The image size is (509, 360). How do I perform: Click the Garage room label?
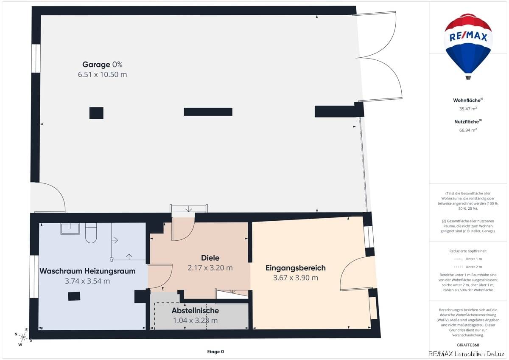(x=96, y=65)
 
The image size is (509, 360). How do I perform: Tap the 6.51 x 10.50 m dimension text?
(x=102, y=75)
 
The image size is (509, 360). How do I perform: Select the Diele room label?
(x=210, y=258)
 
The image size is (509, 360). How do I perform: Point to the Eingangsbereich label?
(x=295, y=268)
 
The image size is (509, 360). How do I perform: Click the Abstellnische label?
(x=195, y=310)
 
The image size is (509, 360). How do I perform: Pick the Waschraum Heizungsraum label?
(x=87, y=271)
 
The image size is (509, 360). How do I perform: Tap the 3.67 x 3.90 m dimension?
(x=295, y=278)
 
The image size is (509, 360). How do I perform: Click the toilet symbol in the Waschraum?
(x=91, y=233)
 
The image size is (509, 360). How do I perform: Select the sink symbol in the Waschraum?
(x=70, y=228)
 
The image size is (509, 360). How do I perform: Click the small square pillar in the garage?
(x=96, y=113)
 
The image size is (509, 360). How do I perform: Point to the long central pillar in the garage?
(x=208, y=112)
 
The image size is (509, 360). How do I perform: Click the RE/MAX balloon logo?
(x=468, y=46)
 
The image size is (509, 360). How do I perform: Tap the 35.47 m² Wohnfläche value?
(x=468, y=109)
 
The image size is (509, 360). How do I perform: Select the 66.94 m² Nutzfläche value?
(x=468, y=130)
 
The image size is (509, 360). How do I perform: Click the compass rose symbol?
(x=23, y=337)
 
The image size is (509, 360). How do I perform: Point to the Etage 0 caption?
(x=215, y=352)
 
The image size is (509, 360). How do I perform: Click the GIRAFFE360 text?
(x=468, y=345)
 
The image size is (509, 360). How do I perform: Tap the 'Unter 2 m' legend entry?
(x=468, y=267)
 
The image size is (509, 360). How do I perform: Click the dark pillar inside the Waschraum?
(x=74, y=296)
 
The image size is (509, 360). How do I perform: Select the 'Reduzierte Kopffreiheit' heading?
(x=468, y=251)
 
